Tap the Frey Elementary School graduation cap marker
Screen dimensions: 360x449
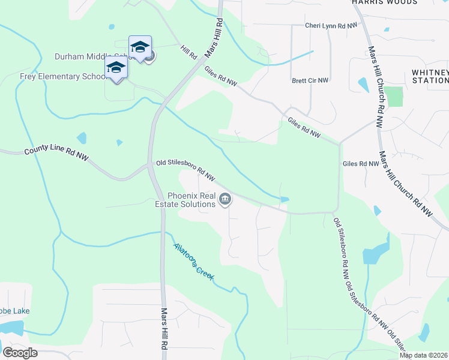[x=116, y=68]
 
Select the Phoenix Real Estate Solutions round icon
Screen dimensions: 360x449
[x=225, y=200]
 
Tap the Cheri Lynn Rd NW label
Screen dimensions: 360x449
[x=331, y=25]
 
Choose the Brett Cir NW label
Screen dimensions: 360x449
[x=310, y=80]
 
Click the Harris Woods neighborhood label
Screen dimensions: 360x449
[x=384, y=2]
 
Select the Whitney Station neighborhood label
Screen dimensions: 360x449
[x=430, y=76]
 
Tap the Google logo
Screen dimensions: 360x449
[x=20, y=353]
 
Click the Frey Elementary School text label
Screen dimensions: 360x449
[x=54, y=76]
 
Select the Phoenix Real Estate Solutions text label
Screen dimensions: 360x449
[x=191, y=200]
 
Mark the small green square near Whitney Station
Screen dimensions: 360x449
[x=394, y=97]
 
